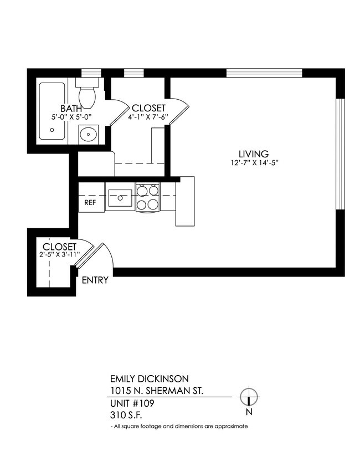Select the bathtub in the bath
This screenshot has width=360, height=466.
coord(52,111)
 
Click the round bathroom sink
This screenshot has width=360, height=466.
coord(88,134)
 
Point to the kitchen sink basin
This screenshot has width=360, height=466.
coord(120,197)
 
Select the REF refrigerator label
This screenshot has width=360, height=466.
coord(90,203)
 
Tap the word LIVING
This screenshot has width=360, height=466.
coord(253,154)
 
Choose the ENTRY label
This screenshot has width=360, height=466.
coord(95,280)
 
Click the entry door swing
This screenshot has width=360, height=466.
coord(100,257)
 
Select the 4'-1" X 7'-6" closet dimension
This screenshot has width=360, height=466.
coord(148,116)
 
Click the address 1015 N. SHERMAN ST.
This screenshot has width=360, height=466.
coord(156,391)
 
